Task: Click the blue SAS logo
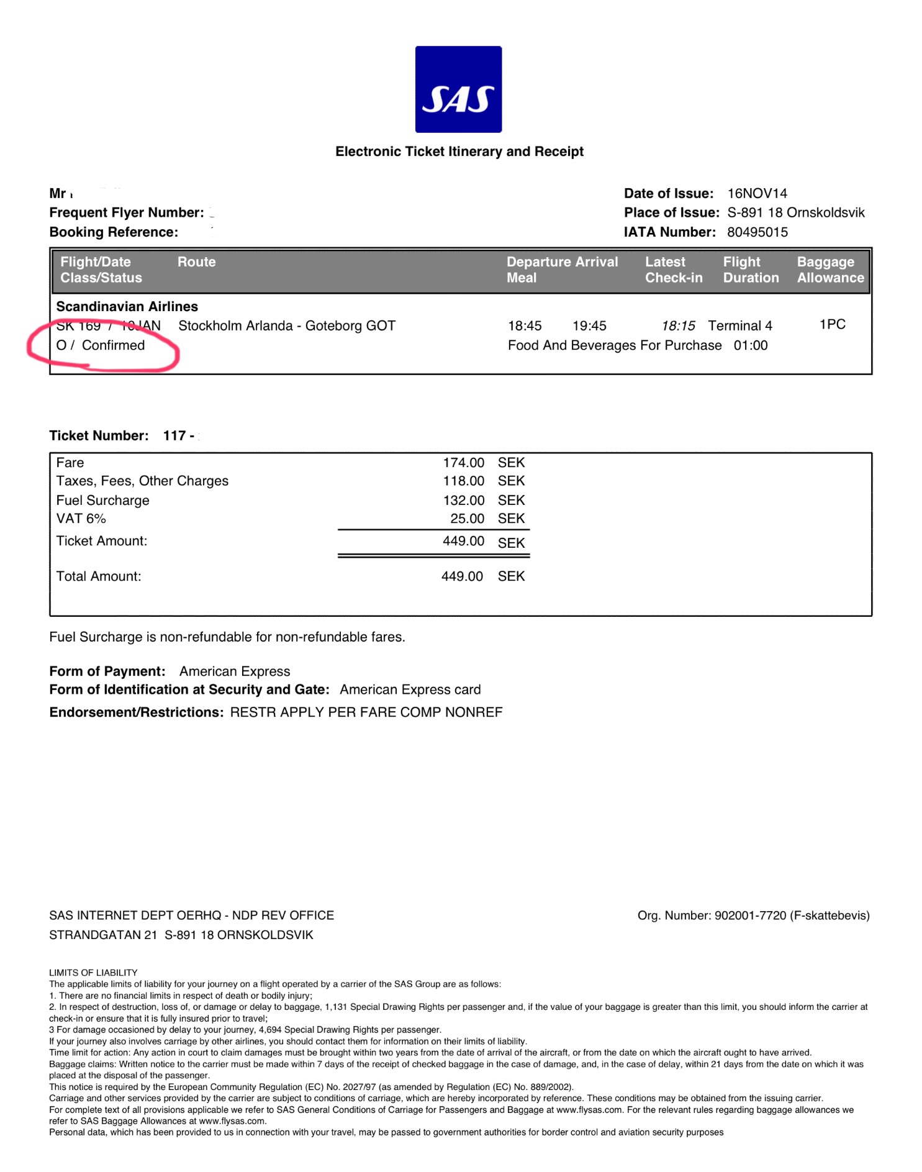point(458,89)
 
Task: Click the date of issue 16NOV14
point(757,193)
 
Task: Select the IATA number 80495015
point(757,232)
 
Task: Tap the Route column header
point(196,262)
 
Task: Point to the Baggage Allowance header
point(830,270)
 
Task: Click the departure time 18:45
point(525,325)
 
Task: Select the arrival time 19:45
point(589,325)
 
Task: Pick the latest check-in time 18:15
point(678,325)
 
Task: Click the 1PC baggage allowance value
point(832,324)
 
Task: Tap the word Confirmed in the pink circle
point(113,345)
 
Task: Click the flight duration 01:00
point(751,345)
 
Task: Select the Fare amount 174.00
point(463,463)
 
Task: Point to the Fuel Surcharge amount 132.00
point(463,500)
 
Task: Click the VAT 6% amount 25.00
point(467,519)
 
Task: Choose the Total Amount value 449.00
point(462,576)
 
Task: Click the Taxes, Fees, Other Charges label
point(142,481)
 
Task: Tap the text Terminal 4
point(740,325)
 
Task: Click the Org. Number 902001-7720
point(750,915)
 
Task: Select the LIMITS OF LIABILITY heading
point(93,973)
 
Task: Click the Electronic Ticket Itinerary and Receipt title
point(459,152)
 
